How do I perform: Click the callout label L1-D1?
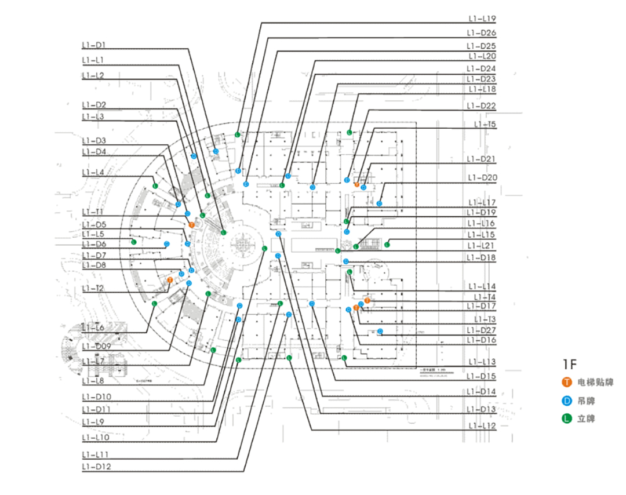(x=93, y=45)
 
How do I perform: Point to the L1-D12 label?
(x=96, y=466)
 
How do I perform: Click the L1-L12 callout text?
(x=481, y=426)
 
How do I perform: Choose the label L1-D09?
(x=96, y=346)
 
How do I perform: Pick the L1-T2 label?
(x=93, y=288)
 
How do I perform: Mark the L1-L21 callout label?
(x=481, y=246)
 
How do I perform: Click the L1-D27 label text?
(x=481, y=330)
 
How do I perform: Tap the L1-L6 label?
(x=93, y=328)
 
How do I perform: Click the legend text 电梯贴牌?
(x=595, y=383)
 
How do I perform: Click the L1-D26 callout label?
(x=481, y=32)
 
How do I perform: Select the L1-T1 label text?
(x=93, y=212)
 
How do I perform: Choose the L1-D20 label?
(x=481, y=177)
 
